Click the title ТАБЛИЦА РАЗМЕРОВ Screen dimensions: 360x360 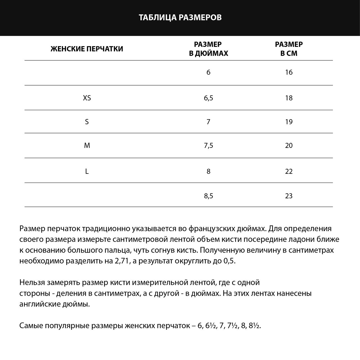point(180,17)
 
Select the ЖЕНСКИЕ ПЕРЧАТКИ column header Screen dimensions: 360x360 point(87,49)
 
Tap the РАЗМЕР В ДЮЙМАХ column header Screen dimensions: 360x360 point(208,49)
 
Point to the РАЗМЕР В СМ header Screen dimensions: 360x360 point(289,49)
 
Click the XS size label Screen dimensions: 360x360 point(87,98)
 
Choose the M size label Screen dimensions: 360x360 point(87,145)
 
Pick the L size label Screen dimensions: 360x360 point(87,171)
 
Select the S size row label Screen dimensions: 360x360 point(87,122)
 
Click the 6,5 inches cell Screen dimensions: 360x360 point(208,98)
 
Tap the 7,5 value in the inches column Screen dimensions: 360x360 point(208,145)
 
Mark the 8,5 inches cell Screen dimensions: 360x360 point(208,196)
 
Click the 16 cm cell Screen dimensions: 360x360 point(289,72)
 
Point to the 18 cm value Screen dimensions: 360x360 point(289,98)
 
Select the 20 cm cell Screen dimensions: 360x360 point(289,145)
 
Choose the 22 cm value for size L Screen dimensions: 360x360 point(289,171)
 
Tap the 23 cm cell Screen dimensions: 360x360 point(289,196)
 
